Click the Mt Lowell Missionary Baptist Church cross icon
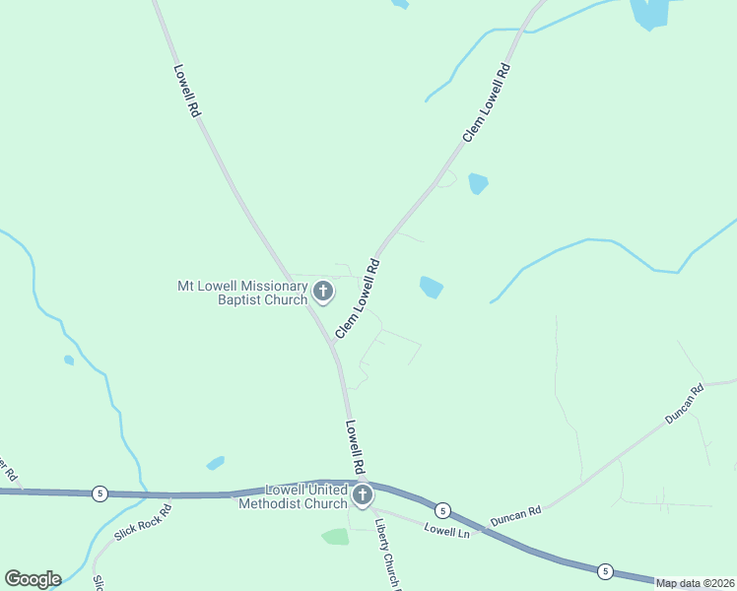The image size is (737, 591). (x=322, y=291)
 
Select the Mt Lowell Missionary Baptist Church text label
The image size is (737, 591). (x=241, y=293)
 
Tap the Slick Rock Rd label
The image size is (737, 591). (x=143, y=522)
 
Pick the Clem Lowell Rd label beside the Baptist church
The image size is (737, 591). (x=357, y=299)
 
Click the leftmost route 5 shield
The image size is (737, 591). (x=99, y=492)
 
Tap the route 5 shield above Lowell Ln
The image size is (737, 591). (x=442, y=510)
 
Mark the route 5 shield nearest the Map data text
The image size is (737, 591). (x=605, y=570)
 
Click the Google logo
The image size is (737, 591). (x=33, y=579)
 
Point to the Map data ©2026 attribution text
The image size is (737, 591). (x=696, y=583)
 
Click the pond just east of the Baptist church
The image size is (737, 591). (x=431, y=287)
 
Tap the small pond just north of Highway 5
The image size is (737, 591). (x=216, y=463)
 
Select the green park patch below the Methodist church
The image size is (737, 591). (x=336, y=537)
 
